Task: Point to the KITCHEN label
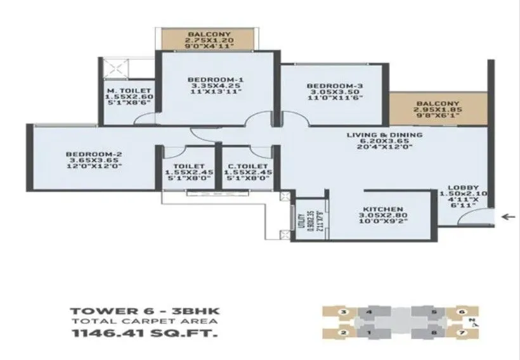[x=384, y=208]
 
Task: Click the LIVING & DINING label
[x=384, y=135]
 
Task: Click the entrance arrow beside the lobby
[x=507, y=217]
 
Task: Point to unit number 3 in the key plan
[x=343, y=312]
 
